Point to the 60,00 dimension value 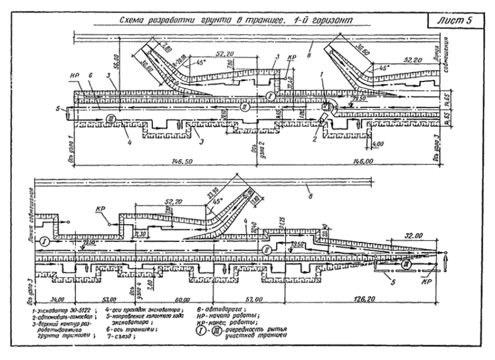click(x=182, y=298)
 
